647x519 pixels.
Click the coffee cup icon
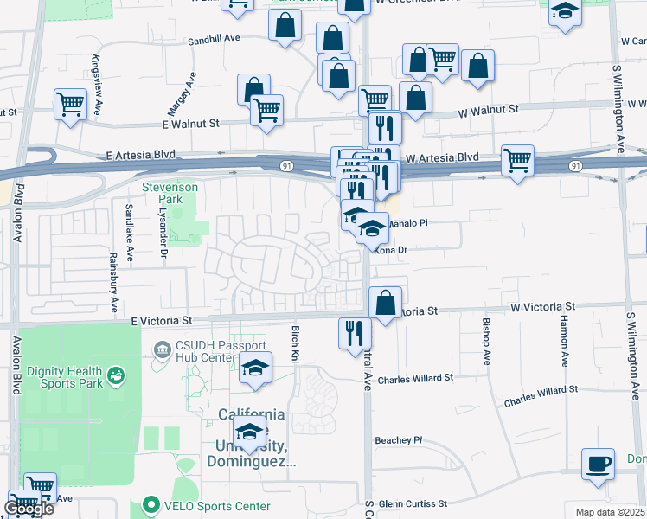click(598, 464)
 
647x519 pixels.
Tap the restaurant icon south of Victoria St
click(354, 333)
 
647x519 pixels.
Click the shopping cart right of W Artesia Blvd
click(517, 160)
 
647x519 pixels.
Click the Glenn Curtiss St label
click(411, 503)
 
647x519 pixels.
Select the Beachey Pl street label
click(398, 440)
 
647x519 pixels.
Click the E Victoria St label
click(162, 321)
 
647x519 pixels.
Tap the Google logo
click(29, 509)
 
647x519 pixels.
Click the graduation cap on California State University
click(249, 432)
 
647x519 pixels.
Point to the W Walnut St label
click(488, 110)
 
